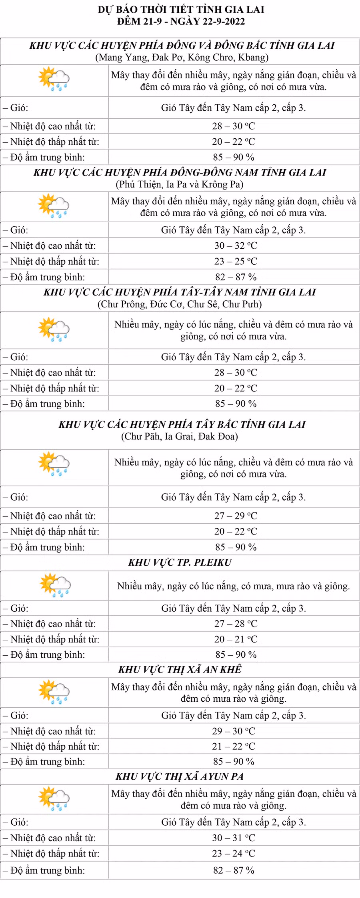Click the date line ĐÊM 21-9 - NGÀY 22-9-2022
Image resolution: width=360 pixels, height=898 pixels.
pos(181,21)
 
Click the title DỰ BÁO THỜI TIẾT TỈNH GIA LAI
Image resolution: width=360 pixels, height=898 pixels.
pos(181,10)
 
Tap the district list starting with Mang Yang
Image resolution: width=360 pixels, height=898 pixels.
pos(182,57)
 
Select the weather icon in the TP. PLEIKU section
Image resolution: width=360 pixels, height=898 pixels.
pos(55,585)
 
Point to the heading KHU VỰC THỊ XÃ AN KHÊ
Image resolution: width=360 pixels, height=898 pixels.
pos(180,669)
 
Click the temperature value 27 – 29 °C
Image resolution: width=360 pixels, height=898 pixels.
pos(236,516)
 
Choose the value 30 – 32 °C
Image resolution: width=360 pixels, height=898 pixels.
pos(236,245)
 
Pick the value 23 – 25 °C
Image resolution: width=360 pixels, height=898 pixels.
pos(236,261)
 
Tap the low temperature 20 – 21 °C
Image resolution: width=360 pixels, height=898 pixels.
pos(236,639)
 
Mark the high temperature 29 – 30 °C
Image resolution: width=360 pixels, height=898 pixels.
pos(234,731)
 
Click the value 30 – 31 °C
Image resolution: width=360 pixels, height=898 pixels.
pos(234,838)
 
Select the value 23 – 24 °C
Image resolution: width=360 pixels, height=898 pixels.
pos(234,853)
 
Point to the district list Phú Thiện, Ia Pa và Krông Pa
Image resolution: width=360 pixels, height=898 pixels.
pos(180,184)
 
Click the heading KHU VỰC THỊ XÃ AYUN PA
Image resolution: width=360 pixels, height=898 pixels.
pos(180,776)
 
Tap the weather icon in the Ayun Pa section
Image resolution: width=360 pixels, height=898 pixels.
pos(54,798)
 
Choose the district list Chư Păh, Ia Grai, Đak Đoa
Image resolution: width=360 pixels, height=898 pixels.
pos(180,436)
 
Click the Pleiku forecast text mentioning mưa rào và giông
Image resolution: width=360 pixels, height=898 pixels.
pos(234,586)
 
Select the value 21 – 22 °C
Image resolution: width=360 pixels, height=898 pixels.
pos(234,746)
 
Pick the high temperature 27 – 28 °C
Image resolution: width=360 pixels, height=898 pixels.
pos(236,623)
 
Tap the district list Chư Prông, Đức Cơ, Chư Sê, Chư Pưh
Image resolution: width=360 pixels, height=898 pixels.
pos(180,304)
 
